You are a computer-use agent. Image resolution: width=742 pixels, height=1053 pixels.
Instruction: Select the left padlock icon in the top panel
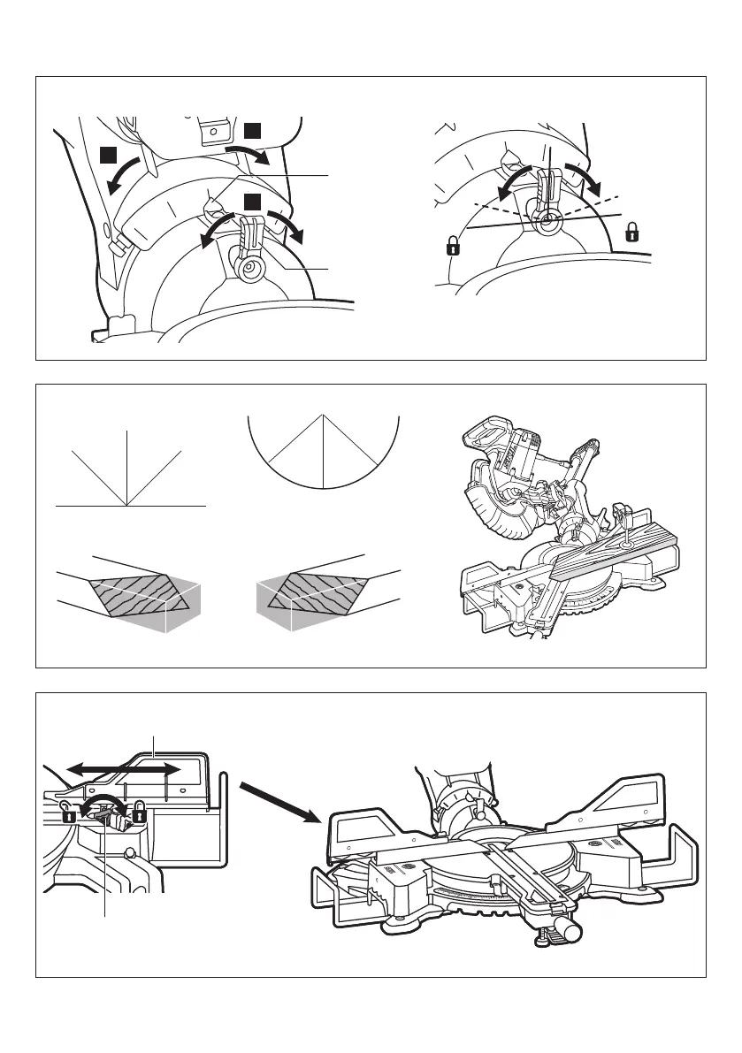point(454,245)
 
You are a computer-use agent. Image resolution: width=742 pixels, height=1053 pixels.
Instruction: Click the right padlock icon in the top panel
point(632,233)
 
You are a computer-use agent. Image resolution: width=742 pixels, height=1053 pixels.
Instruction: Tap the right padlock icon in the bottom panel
point(139,812)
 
